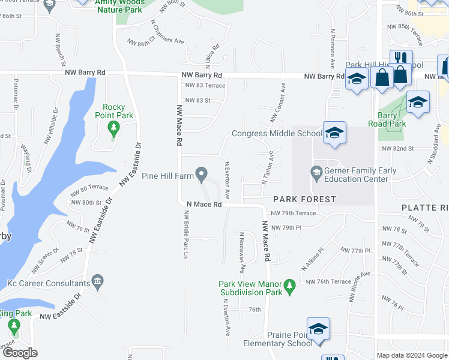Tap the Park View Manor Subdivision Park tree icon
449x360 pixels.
tap(290, 287)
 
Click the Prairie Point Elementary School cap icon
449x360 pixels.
tap(318, 329)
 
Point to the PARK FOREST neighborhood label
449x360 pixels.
tap(304, 199)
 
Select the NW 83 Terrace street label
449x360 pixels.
tap(205, 86)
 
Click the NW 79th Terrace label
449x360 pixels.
tap(293, 213)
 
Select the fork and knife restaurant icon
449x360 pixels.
tap(399, 60)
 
